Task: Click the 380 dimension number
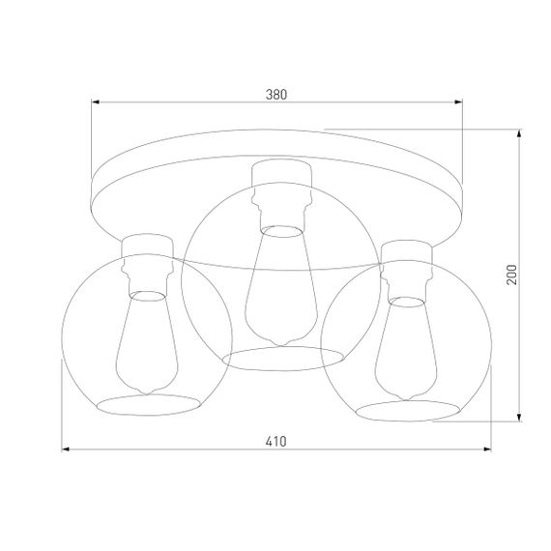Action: [277, 95]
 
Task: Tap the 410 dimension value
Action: [276, 442]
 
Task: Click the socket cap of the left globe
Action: [144, 246]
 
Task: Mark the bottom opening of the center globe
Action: [283, 357]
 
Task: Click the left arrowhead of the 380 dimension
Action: [96, 101]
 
